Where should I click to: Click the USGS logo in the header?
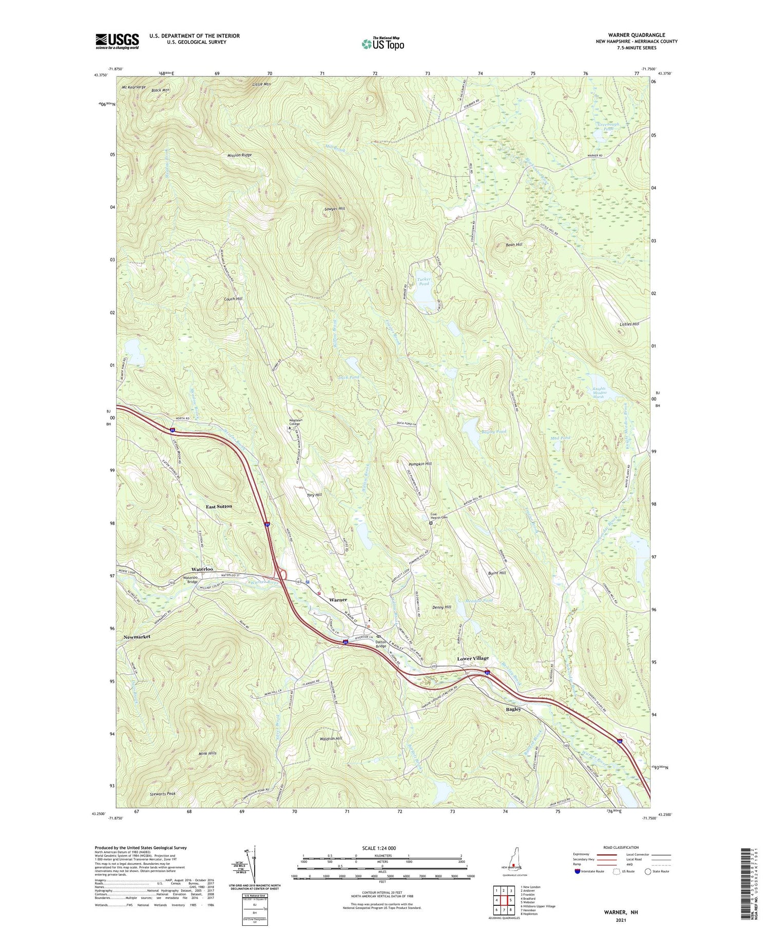[x=117, y=41]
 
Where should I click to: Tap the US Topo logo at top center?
[x=382, y=44]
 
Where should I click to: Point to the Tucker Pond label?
[x=424, y=281]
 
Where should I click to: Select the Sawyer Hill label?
[x=335, y=208]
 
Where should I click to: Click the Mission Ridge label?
[x=240, y=155]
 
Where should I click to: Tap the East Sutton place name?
[x=219, y=506]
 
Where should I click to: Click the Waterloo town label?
[x=202, y=569]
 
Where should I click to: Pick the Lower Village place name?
[x=473, y=658]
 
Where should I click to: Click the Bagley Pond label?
[x=493, y=431]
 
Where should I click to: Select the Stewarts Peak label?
[x=163, y=794]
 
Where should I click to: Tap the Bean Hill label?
[x=514, y=244]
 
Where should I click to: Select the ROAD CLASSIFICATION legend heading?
[x=621, y=847]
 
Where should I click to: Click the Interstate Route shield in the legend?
[x=577, y=871]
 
